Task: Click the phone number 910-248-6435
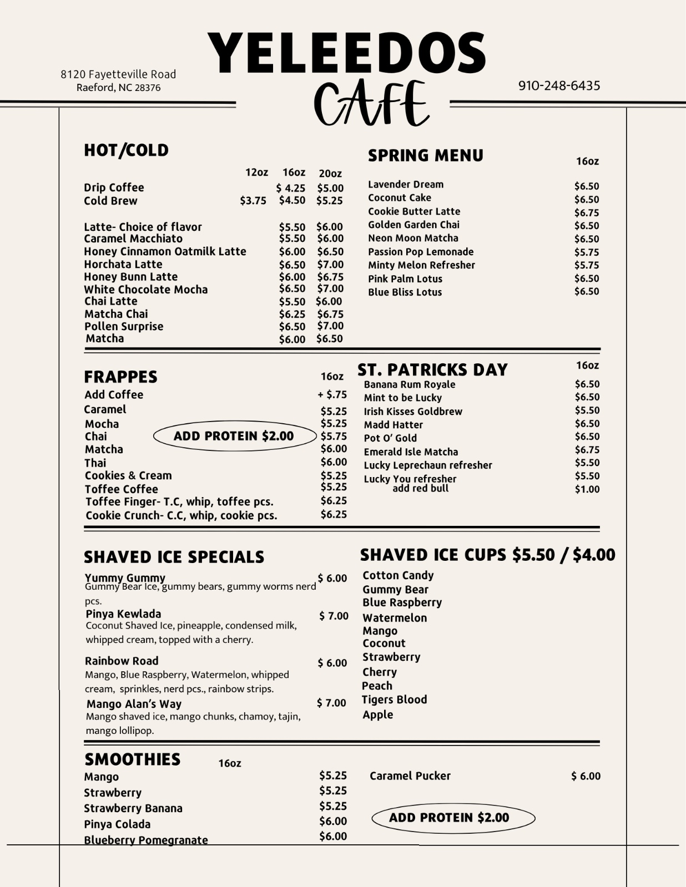559,85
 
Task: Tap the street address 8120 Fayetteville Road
118,74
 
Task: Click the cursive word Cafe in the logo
371,104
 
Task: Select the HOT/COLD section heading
126,150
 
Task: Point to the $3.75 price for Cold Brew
253,201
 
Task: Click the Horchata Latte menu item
123,265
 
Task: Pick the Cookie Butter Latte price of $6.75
587,212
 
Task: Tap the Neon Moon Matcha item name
413,238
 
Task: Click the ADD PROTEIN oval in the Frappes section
234,436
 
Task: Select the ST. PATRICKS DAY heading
432,370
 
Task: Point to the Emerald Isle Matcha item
411,452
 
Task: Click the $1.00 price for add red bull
587,489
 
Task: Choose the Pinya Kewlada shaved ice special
123,614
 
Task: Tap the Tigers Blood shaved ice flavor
394,700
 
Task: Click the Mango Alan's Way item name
134,704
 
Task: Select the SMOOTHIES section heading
132,759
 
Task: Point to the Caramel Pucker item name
410,776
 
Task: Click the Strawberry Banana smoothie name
133,808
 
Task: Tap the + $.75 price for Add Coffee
332,394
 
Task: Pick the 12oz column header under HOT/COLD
256,173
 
